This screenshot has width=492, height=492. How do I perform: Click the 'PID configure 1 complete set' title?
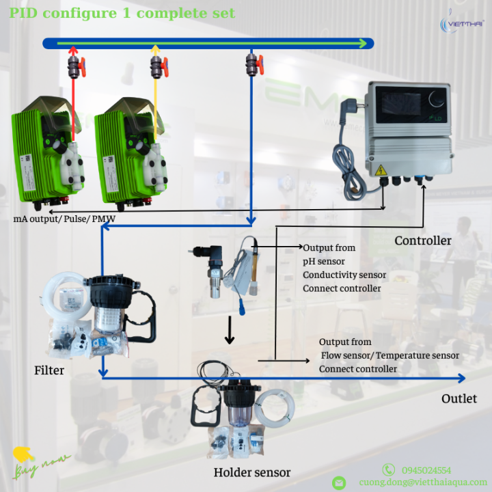[122, 13]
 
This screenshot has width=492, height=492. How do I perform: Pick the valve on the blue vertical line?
[254, 67]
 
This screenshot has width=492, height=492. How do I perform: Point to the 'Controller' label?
[423, 241]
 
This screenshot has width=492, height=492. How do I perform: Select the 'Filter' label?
[49, 371]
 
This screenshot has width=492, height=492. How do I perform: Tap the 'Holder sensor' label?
[252, 472]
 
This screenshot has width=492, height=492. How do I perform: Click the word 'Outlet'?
[459, 398]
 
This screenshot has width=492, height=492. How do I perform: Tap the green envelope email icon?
[339, 482]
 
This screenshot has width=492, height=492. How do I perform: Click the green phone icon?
[388, 469]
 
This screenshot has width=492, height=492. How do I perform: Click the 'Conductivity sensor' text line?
[344, 275]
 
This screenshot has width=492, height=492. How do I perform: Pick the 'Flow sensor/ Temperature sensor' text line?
[390, 355]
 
